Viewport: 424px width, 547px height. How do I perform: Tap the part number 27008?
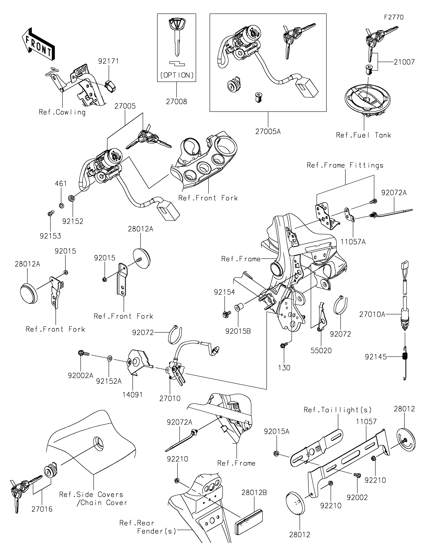click(x=176, y=101)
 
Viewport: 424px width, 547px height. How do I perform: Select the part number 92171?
click(x=108, y=61)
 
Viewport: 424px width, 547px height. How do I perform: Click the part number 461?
click(x=61, y=184)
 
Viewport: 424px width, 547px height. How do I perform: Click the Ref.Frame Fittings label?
click(x=345, y=165)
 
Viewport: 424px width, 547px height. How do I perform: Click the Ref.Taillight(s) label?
click(x=337, y=410)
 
